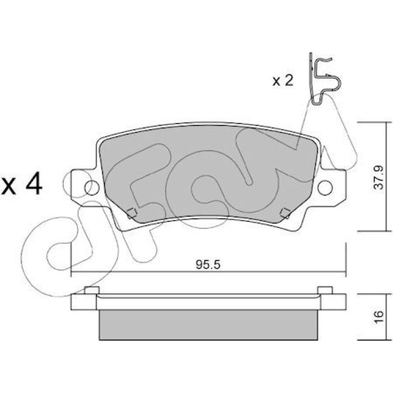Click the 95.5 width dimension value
tap(208, 264)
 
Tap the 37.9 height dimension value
tap(378, 177)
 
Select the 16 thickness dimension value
tap(378, 317)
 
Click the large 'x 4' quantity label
tap(21, 184)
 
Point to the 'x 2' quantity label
tap(283, 80)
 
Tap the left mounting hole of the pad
tap(92, 188)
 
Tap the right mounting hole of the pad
tap(325, 188)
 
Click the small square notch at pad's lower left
tap(131, 213)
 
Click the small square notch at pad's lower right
tap(285, 213)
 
